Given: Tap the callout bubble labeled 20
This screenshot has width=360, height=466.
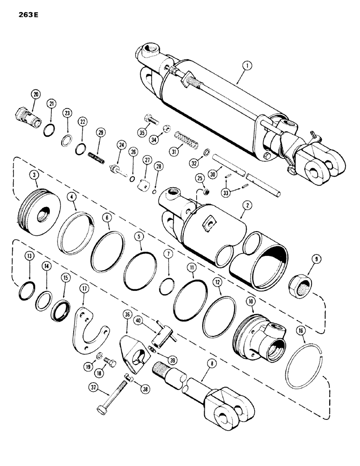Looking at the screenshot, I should tap(35, 95).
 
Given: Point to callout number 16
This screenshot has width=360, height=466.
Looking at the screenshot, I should tap(301, 332).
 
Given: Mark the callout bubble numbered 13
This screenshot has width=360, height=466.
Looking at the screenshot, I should tap(29, 269).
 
